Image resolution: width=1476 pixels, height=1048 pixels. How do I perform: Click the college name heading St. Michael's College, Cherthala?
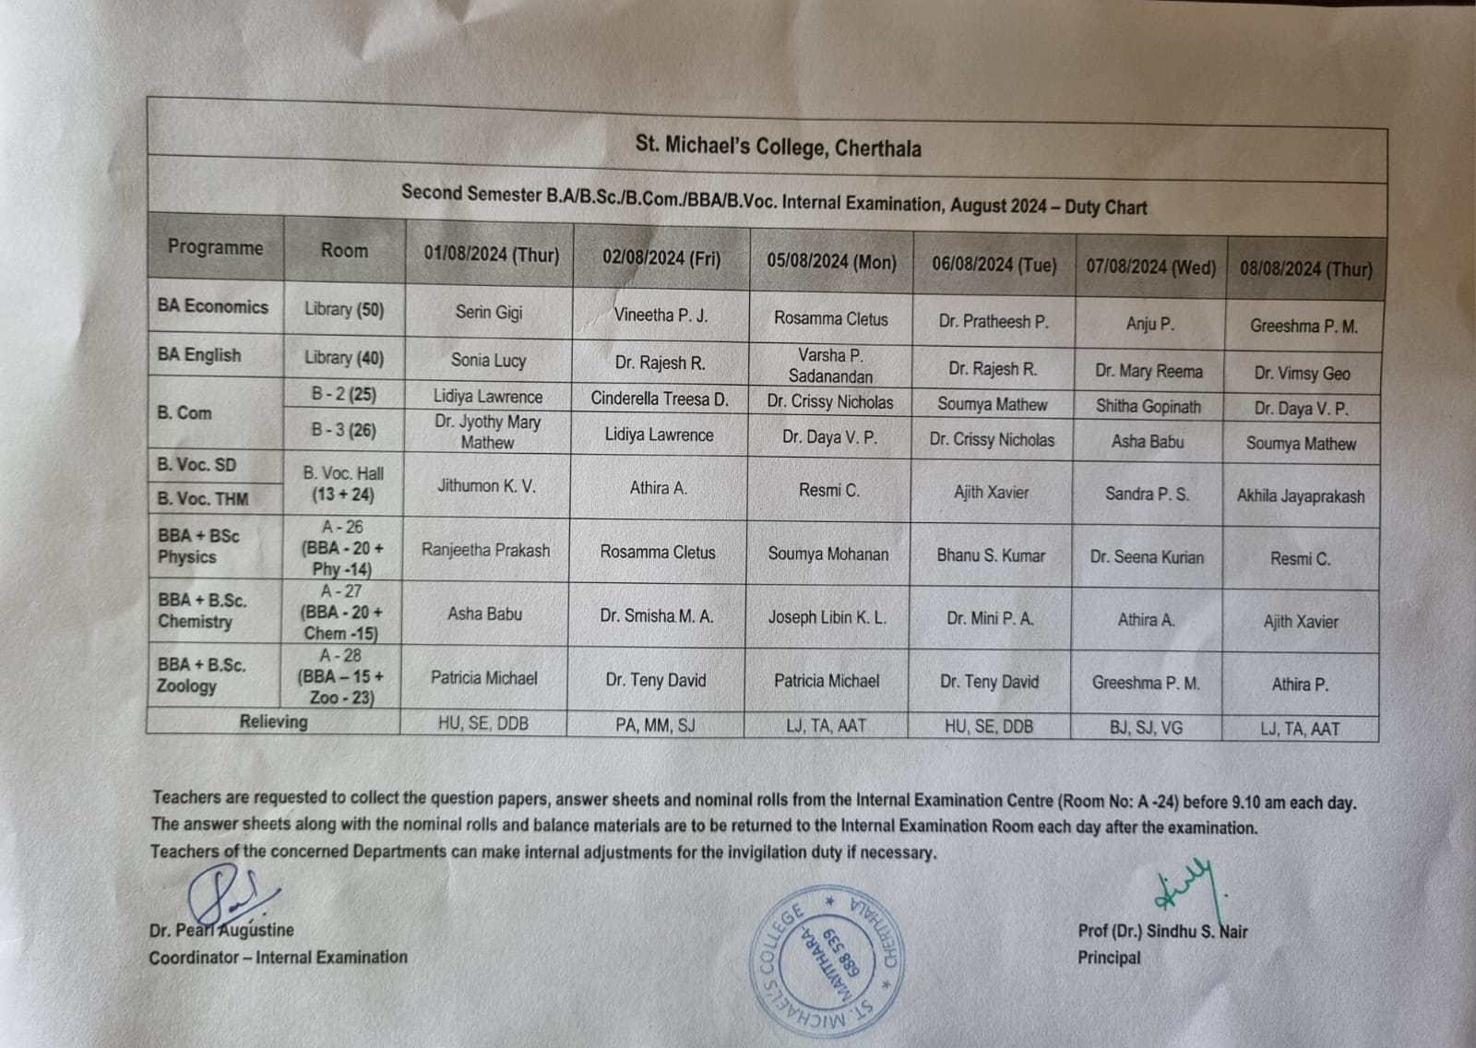(778, 147)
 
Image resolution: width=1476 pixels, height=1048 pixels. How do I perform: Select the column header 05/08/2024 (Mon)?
(831, 262)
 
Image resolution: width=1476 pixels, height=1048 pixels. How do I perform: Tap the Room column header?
(344, 250)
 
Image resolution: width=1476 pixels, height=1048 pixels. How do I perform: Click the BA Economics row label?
(213, 306)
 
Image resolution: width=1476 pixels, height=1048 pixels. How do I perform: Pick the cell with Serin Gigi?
(489, 313)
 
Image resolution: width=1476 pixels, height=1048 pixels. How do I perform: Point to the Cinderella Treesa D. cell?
(660, 399)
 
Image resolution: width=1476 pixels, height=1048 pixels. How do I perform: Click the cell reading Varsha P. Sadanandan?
(830, 365)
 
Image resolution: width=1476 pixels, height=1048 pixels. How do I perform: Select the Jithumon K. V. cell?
(486, 486)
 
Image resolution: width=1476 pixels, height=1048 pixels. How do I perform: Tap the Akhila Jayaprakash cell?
(1301, 496)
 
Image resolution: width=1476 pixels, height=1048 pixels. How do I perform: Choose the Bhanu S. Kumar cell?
(991, 555)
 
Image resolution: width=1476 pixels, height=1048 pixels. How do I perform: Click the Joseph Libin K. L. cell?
(827, 617)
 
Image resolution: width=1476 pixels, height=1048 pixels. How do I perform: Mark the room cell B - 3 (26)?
(343, 430)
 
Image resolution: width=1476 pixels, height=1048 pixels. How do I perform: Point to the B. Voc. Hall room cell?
(343, 483)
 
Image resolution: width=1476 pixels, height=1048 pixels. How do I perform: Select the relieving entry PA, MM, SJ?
(655, 725)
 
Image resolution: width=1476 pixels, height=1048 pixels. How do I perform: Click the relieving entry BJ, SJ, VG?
(1147, 728)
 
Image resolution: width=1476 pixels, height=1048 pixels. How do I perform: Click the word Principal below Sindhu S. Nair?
(1109, 958)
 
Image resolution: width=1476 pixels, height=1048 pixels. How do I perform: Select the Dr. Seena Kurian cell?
(1147, 557)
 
